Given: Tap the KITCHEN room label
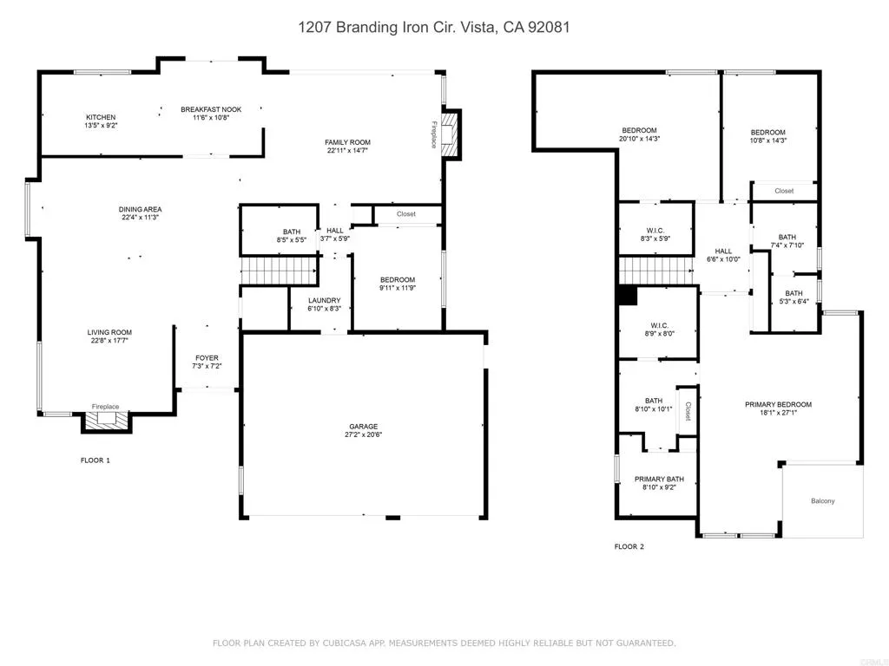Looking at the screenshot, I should pyautogui.click(x=100, y=117).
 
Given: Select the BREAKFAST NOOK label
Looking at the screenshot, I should pyautogui.click(x=211, y=109).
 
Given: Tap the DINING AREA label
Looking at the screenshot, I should pyautogui.click(x=141, y=209).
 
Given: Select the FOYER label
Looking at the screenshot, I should pyautogui.click(x=207, y=358).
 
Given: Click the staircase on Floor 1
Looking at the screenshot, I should pyautogui.click(x=267, y=271).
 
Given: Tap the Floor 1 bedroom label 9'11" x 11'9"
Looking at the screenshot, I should pyautogui.click(x=398, y=289).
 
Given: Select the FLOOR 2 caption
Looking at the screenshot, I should pyautogui.click(x=629, y=547).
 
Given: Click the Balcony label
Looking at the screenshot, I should pyautogui.click(x=823, y=501).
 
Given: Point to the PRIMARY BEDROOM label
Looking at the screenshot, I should pyautogui.click(x=778, y=404).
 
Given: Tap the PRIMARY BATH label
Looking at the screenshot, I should pyautogui.click(x=660, y=479).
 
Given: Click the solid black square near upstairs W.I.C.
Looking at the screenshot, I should pyautogui.click(x=626, y=295).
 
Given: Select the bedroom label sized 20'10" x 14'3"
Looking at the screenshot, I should pyautogui.click(x=638, y=130).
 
